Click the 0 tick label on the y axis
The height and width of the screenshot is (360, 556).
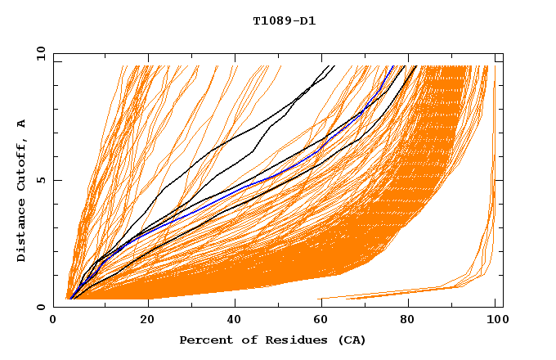[41, 307]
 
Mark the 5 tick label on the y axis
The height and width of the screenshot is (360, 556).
[41, 181]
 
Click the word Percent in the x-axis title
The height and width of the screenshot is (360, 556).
[204, 340]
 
